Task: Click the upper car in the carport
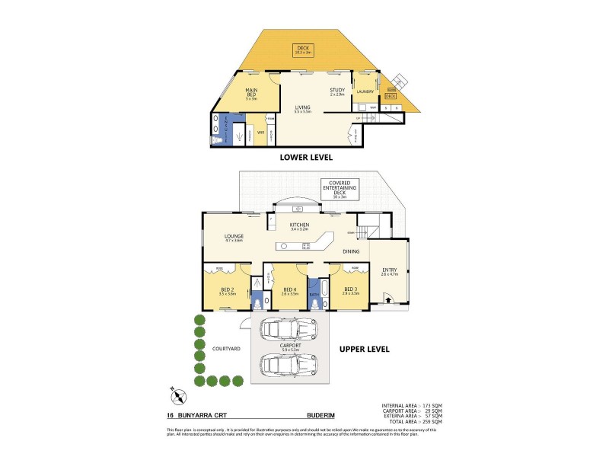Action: click(x=289, y=329)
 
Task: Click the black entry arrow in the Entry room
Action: click(x=389, y=301)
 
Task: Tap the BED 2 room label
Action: click(x=228, y=289)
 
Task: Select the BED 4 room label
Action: click(x=289, y=289)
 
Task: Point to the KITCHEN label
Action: click(x=298, y=225)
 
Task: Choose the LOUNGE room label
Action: click(x=234, y=237)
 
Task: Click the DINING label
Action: click(x=351, y=250)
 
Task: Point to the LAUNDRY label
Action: click(x=365, y=91)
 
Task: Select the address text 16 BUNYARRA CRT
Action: click(x=199, y=415)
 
